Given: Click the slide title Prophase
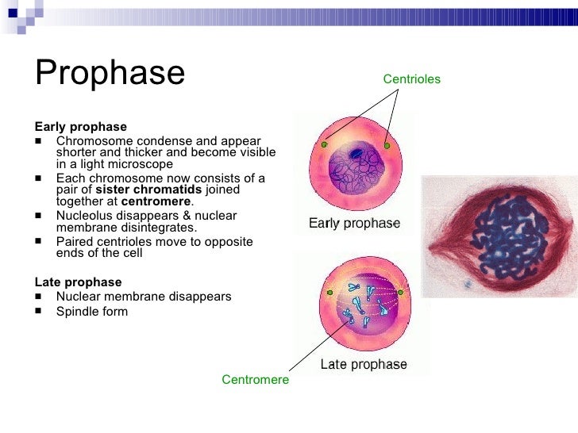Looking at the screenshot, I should tap(110, 73).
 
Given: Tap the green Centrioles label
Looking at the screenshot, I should tap(411, 79).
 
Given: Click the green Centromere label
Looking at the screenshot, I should tap(255, 380).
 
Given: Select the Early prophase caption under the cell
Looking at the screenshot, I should tap(354, 224).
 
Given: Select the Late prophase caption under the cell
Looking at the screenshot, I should tap(363, 365).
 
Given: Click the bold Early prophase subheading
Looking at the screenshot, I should tap(80, 127).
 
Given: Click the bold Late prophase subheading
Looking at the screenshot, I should tap(78, 282).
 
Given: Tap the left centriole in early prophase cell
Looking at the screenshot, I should tap(324, 145).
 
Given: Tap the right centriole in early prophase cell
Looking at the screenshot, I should tap(387, 146).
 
